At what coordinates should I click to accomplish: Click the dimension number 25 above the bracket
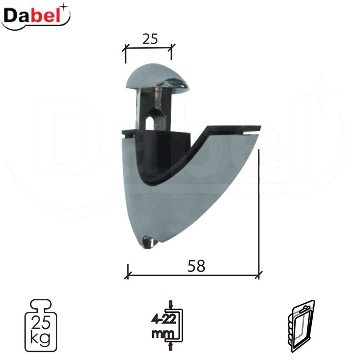pyautogui.click(x=150, y=39)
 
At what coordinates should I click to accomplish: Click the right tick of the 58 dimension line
pyautogui.click(x=258, y=274)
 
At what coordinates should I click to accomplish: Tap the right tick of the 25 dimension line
pyautogui.click(x=171, y=48)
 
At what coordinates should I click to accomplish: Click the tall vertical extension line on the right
pyautogui.click(x=260, y=211)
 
